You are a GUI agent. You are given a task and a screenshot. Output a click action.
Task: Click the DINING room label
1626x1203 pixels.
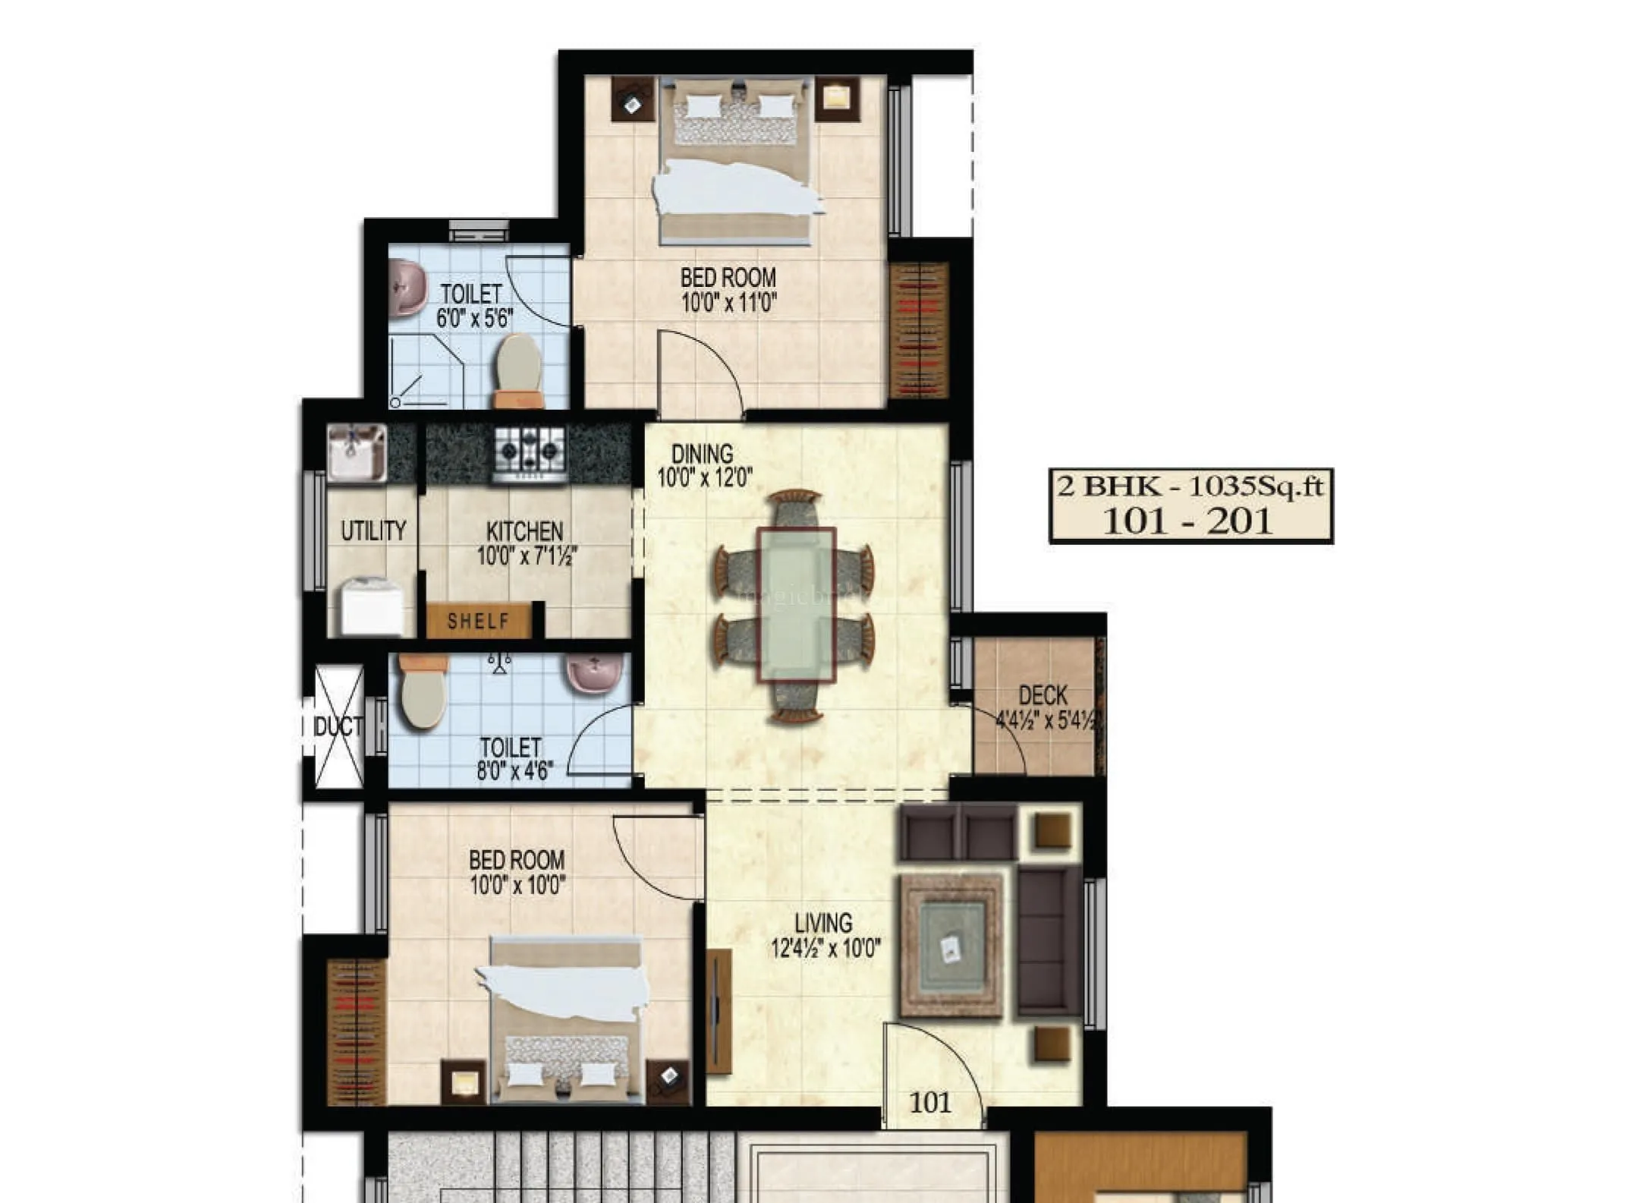point(703,454)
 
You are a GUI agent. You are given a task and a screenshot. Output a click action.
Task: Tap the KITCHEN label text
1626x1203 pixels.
point(524,531)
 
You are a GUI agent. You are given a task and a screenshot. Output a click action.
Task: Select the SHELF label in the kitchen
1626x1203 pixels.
point(478,621)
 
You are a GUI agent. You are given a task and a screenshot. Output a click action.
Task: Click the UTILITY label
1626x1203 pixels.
point(373,531)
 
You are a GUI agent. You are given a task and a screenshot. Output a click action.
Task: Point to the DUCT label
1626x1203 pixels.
point(338,727)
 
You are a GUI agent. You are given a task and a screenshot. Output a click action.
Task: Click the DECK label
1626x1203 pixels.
point(1043,695)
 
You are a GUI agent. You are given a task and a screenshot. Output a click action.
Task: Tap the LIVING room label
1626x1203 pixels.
point(823,923)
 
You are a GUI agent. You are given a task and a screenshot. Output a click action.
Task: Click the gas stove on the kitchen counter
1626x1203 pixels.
point(530,452)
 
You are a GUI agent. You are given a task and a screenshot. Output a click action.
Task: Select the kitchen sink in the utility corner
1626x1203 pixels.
point(357,452)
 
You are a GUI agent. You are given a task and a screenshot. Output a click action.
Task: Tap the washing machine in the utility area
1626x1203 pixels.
point(371,606)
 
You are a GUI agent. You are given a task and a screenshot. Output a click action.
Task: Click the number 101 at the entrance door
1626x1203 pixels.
point(929,1102)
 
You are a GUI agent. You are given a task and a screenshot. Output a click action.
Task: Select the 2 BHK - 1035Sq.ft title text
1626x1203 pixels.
point(1190,486)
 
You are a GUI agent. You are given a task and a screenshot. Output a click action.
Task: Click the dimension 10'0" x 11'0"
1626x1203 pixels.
point(728,303)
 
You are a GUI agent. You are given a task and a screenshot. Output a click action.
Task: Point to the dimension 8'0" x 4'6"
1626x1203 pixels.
point(514,771)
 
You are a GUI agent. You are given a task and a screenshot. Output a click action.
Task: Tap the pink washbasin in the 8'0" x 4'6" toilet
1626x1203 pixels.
point(594,672)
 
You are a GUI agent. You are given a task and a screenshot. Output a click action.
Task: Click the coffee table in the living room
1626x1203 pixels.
point(951,946)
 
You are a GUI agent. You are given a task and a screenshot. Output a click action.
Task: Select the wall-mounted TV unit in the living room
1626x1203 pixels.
point(719,1010)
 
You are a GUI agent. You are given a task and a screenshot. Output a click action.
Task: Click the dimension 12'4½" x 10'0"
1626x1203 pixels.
point(826,948)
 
